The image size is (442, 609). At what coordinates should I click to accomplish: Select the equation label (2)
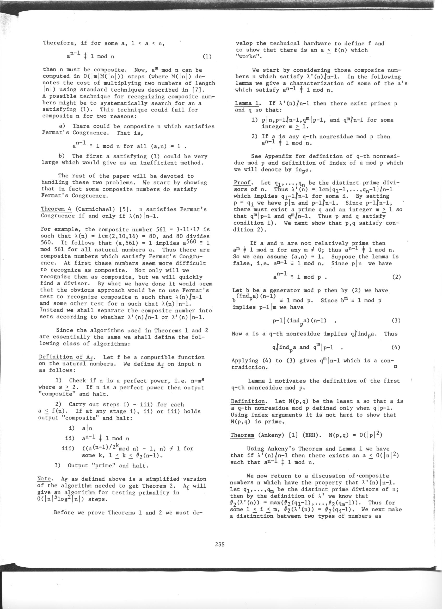[x=396, y=277]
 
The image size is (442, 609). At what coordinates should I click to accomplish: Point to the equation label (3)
[x=396, y=320]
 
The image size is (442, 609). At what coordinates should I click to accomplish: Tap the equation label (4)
[x=396, y=348]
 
